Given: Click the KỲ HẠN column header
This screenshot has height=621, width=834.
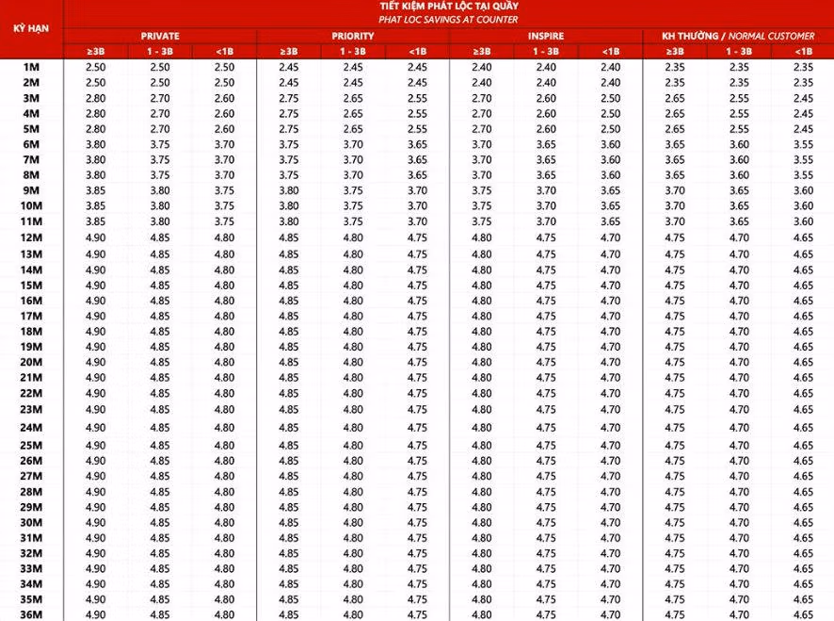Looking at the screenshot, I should tap(31, 28).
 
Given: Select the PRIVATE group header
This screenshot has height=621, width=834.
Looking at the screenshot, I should tap(160, 36).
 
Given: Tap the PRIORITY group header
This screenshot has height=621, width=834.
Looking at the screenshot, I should tap(352, 36).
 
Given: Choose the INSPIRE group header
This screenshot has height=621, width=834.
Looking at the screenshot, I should tap(545, 36).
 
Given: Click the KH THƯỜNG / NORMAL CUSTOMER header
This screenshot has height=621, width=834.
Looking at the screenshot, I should tap(738, 36).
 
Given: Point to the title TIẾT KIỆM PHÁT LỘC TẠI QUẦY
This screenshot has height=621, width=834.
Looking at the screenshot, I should tap(447, 7).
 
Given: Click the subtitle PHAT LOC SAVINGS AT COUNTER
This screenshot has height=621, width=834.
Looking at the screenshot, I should tap(447, 20).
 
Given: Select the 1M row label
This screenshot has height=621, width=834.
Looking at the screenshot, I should tap(31, 67).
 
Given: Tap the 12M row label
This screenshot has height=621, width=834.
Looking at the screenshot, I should tap(31, 237).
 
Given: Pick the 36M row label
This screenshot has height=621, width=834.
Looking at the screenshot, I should tap(31, 614).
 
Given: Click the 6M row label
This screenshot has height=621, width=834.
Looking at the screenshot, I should tap(31, 144).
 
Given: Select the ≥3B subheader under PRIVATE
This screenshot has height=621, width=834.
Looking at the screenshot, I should tap(96, 51).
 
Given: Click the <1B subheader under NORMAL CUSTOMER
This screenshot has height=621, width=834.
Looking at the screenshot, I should tap(802, 51).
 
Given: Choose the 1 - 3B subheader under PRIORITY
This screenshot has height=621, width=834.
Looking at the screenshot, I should tap(352, 51).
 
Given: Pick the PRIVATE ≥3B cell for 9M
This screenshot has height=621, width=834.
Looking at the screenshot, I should tap(96, 190).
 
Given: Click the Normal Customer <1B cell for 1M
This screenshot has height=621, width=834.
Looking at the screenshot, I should tap(802, 67).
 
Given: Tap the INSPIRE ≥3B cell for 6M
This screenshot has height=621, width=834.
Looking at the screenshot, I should tap(481, 144).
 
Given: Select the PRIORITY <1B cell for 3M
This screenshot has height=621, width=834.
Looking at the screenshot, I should tap(417, 98).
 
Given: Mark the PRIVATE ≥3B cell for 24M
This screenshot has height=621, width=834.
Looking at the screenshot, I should tap(96, 427).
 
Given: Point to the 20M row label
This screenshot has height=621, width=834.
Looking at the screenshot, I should tap(31, 362).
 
